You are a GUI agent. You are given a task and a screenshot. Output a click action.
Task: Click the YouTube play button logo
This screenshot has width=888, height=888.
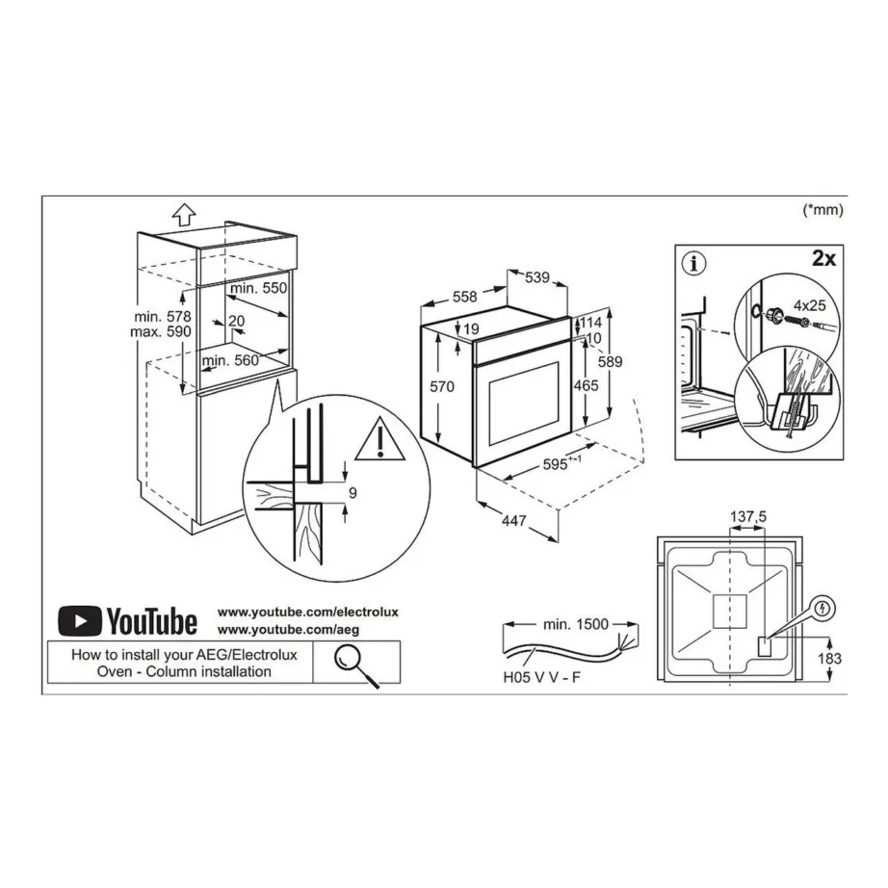tap(79, 620)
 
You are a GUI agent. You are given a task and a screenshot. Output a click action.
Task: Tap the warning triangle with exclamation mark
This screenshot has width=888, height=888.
tap(382, 441)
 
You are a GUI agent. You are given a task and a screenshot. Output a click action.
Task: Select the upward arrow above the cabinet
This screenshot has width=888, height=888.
tap(185, 213)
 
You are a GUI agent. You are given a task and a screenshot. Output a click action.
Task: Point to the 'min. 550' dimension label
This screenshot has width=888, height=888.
tap(258, 288)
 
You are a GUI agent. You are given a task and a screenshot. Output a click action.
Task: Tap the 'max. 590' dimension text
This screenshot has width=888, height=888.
tap(164, 332)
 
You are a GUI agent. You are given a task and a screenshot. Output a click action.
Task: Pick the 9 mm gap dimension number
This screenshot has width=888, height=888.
tap(353, 493)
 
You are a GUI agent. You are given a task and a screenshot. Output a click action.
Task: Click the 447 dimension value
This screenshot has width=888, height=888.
tap(513, 521)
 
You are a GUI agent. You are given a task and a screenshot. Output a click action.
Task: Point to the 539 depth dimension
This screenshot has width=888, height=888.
tap(536, 278)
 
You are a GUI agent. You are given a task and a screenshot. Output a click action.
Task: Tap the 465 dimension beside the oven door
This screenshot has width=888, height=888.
tap(586, 385)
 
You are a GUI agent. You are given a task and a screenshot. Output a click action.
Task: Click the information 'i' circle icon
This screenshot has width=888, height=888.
tap(692, 262)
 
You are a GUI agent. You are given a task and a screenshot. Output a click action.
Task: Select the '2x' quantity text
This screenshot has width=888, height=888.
tap(824, 260)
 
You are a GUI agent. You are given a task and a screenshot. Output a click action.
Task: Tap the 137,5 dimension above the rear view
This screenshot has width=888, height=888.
tap(747, 517)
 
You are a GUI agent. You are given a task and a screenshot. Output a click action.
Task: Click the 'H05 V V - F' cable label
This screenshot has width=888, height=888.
tap(540, 678)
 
